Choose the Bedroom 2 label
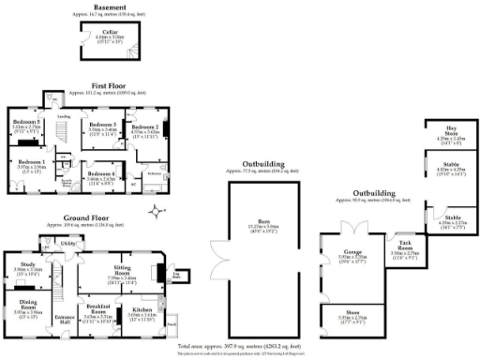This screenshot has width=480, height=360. tap(143, 129)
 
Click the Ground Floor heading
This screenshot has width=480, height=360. tap(87, 220)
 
